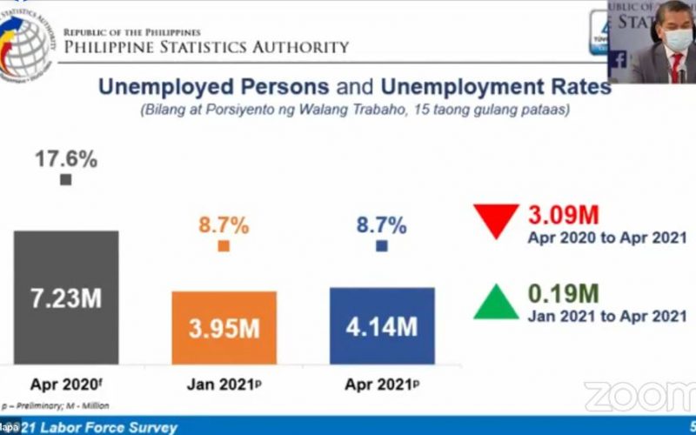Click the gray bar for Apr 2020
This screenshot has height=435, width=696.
[x=65, y=261]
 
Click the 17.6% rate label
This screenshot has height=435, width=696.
[x=66, y=159]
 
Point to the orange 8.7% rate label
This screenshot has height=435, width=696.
[x=224, y=225]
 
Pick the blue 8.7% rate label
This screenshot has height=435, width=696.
[x=381, y=225]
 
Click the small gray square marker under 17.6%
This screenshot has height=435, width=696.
[x=66, y=180]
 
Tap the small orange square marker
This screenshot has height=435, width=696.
[x=224, y=246]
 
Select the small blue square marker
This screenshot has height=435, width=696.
[x=381, y=246]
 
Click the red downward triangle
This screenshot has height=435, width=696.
[x=496, y=219]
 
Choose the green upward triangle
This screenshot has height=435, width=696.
[x=496, y=300]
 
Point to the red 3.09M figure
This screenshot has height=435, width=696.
[x=564, y=215]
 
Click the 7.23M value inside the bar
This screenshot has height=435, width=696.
[x=66, y=298]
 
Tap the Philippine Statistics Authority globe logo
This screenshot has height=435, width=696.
[x=26, y=39]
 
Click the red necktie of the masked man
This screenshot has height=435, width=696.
[x=673, y=66]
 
